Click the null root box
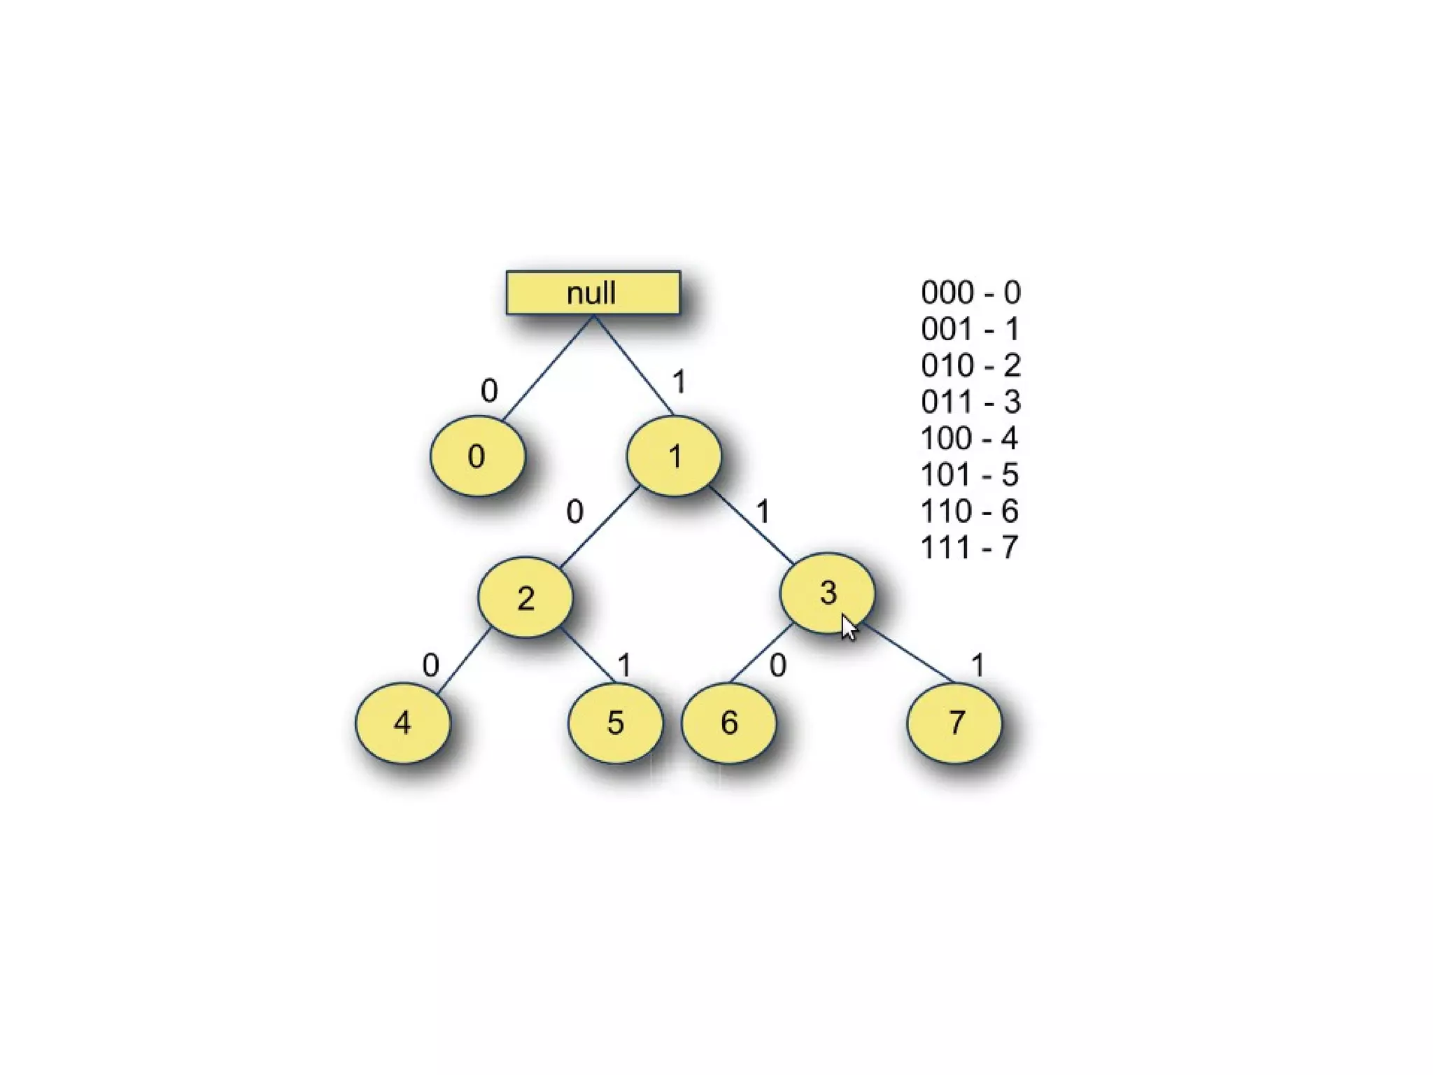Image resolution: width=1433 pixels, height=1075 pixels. [x=593, y=293]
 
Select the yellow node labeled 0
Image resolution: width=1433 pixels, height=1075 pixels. [x=477, y=456]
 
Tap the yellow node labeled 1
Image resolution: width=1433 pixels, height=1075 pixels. [x=674, y=456]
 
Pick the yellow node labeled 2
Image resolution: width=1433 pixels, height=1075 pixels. [x=525, y=597]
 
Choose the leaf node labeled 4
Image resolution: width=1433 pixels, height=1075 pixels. [x=402, y=722]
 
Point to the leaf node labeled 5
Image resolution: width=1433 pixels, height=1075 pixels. [x=615, y=722]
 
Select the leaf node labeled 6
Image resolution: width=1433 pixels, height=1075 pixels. [x=729, y=722]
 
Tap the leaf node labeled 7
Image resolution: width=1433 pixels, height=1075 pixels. [x=954, y=722]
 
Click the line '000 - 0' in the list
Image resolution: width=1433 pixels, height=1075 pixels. [x=970, y=293]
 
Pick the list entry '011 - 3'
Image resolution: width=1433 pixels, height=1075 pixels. [x=970, y=402]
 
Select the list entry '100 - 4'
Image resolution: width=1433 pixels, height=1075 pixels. [x=969, y=438]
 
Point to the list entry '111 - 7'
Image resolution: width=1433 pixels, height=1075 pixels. [x=969, y=547]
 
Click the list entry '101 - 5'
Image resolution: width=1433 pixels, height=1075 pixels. [x=969, y=475]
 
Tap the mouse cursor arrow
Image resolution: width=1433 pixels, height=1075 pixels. [x=848, y=627]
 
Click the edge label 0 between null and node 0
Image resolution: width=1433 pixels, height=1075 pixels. [x=489, y=391]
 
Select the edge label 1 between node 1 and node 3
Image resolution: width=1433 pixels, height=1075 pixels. [x=763, y=512]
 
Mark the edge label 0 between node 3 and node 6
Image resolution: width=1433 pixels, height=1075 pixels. [x=777, y=666]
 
